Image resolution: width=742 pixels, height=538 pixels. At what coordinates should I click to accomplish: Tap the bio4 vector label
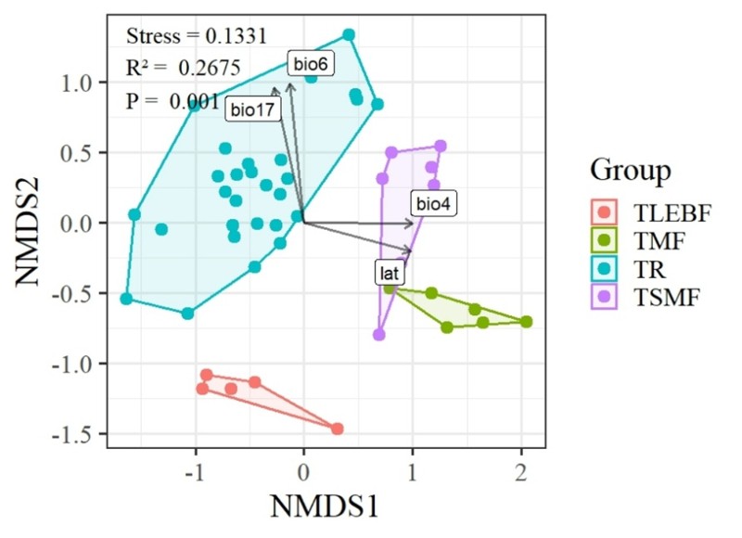click(x=432, y=205)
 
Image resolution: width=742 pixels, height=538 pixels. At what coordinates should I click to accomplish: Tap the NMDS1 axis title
click(x=323, y=506)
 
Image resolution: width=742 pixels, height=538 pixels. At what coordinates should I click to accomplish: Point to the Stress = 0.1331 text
click(x=197, y=37)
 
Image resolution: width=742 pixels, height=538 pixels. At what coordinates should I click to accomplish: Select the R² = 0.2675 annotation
click(x=183, y=68)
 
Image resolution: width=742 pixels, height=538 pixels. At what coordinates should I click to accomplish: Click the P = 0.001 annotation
click(x=172, y=101)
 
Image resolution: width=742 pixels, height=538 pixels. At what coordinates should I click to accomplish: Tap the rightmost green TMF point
click(x=526, y=322)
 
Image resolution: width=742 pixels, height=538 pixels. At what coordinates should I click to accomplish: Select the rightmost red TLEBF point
click(x=338, y=429)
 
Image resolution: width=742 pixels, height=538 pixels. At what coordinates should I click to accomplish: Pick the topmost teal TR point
click(x=349, y=35)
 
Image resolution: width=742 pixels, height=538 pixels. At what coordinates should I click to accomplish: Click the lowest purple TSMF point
click(x=378, y=335)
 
